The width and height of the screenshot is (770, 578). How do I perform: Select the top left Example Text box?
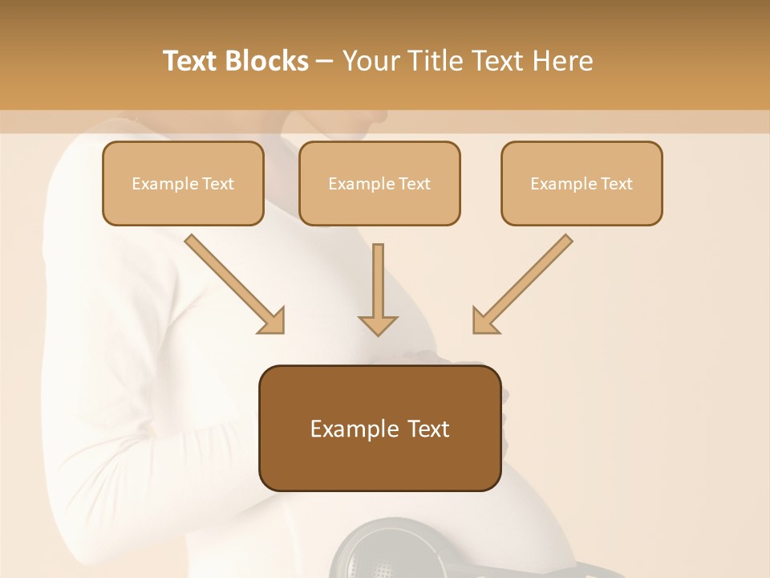(183, 184)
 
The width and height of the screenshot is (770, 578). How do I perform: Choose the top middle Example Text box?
(379, 184)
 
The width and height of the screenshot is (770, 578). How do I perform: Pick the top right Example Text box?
(582, 184)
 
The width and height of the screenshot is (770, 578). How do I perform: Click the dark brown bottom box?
(379, 428)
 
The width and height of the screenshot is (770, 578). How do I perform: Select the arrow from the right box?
(525, 281)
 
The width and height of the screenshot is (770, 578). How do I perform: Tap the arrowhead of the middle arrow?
(378, 324)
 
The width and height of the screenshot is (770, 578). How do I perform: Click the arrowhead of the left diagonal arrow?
(273, 321)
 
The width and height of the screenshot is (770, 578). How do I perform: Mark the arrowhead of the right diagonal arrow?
(484, 321)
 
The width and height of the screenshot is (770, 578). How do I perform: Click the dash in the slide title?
(325, 61)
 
